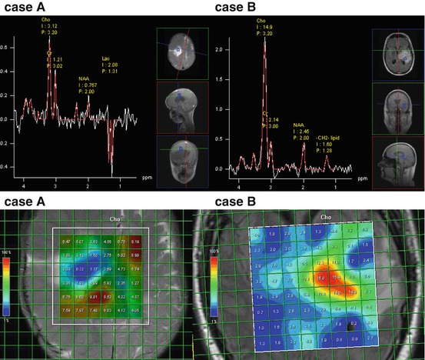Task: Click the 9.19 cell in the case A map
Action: point(135,242)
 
